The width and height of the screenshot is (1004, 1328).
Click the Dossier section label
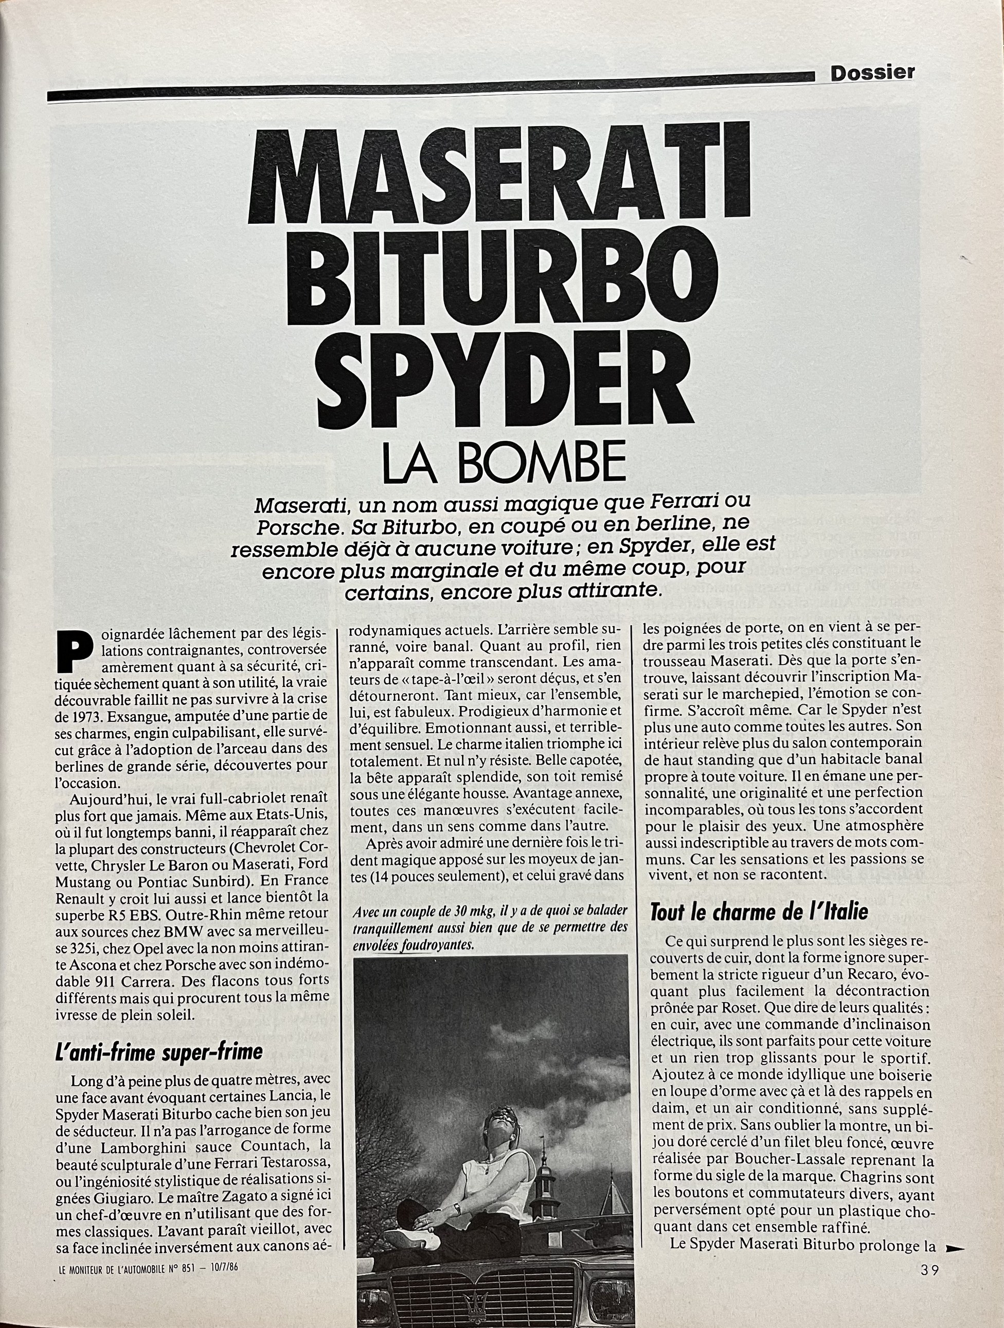pyautogui.click(x=872, y=73)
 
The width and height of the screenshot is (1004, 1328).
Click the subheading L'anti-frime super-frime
pyautogui.click(x=158, y=1051)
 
